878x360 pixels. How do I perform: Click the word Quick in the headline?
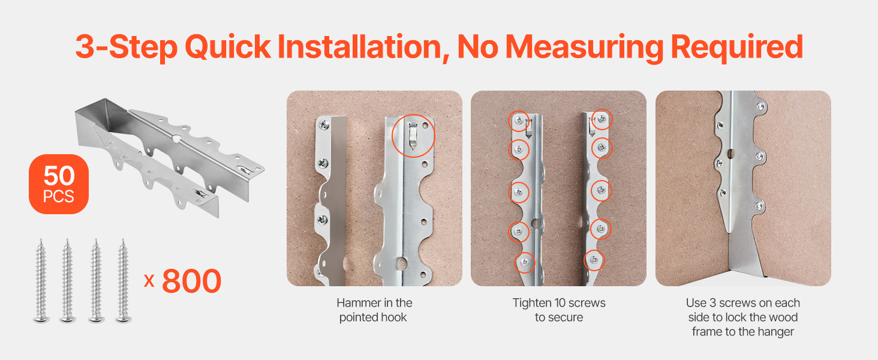[x=228, y=47]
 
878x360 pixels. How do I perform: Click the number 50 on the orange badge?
[x=59, y=176]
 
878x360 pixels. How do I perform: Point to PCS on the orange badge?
[x=58, y=196]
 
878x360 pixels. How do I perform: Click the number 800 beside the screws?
[x=192, y=281]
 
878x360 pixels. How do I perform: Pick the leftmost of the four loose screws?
[x=41, y=281]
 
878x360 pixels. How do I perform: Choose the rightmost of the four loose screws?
[x=124, y=281]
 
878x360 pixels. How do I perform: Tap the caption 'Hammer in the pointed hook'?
[x=374, y=310]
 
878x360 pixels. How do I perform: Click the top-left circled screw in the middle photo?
[x=519, y=121]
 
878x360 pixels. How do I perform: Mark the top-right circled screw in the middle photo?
[x=602, y=119]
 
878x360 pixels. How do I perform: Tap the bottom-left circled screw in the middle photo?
[x=524, y=262]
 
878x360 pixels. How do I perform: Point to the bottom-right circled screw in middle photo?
[x=594, y=260]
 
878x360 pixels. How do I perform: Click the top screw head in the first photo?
[x=324, y=125]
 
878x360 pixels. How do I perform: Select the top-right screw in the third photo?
[x=760, y=106]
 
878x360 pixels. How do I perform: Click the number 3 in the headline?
[x=85, y=47]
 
